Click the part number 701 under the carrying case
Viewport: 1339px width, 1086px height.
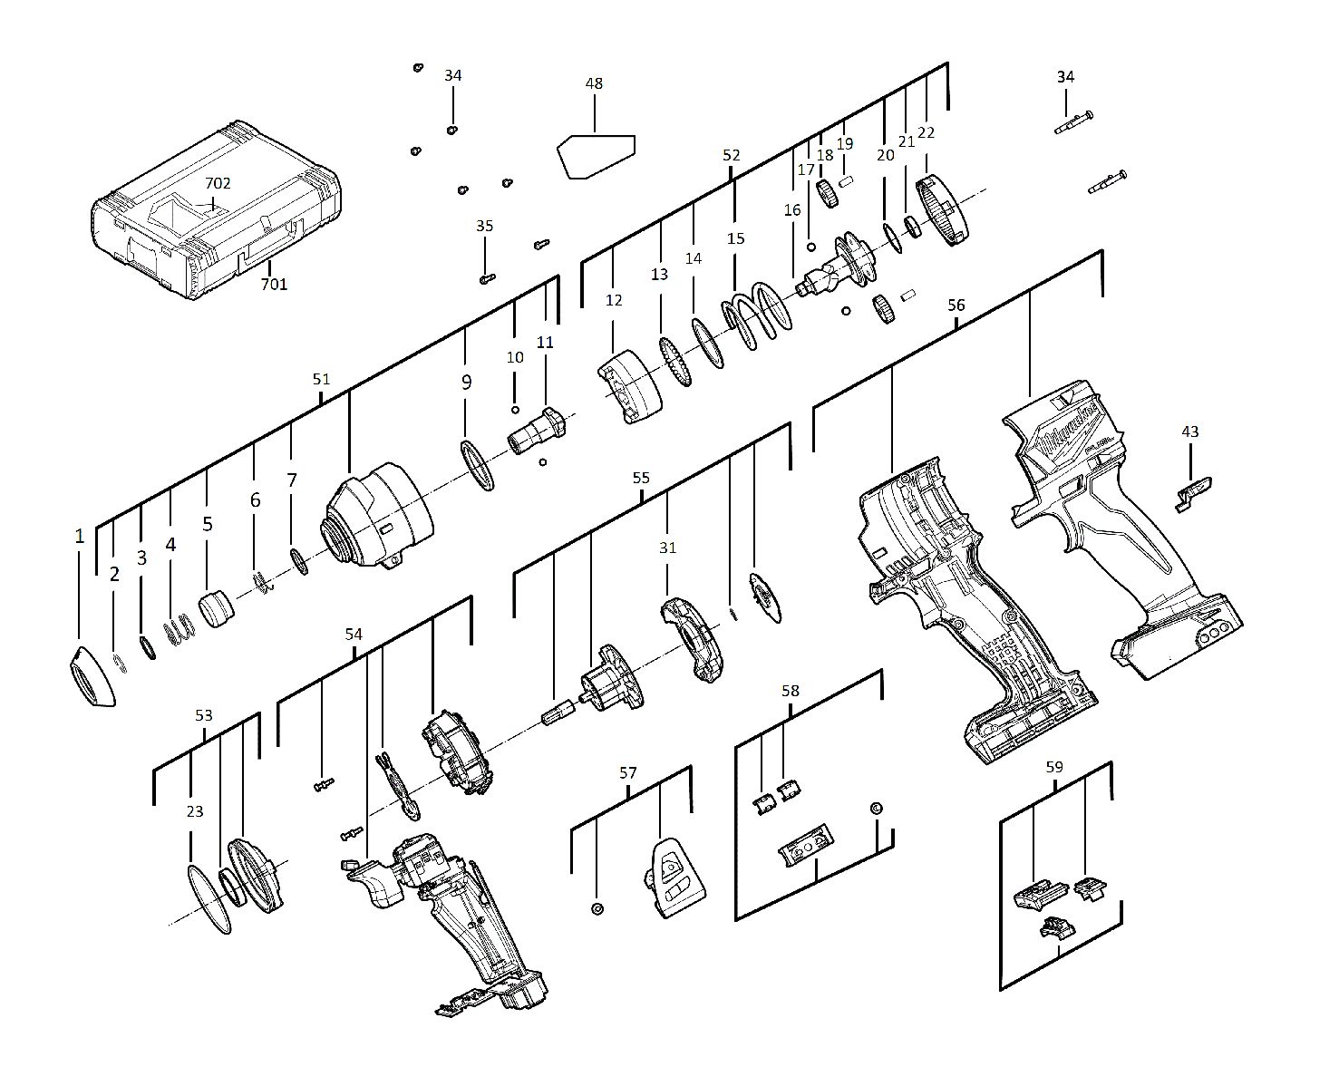coord(274,285)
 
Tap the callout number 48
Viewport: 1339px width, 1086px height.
coord(594,83)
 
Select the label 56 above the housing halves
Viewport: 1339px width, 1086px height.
coord(956,305)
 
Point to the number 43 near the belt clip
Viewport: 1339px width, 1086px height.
coord(1189,431)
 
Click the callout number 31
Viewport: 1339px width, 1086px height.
coord(667,548)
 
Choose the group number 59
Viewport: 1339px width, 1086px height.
coord(1053,767)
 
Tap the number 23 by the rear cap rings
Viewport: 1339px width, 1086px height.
coord(195,811)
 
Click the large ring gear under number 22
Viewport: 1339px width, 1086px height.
coord(944,210)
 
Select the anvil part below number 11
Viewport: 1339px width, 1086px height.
coord(539,431)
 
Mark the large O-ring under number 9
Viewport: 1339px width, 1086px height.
coord(477,465)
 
